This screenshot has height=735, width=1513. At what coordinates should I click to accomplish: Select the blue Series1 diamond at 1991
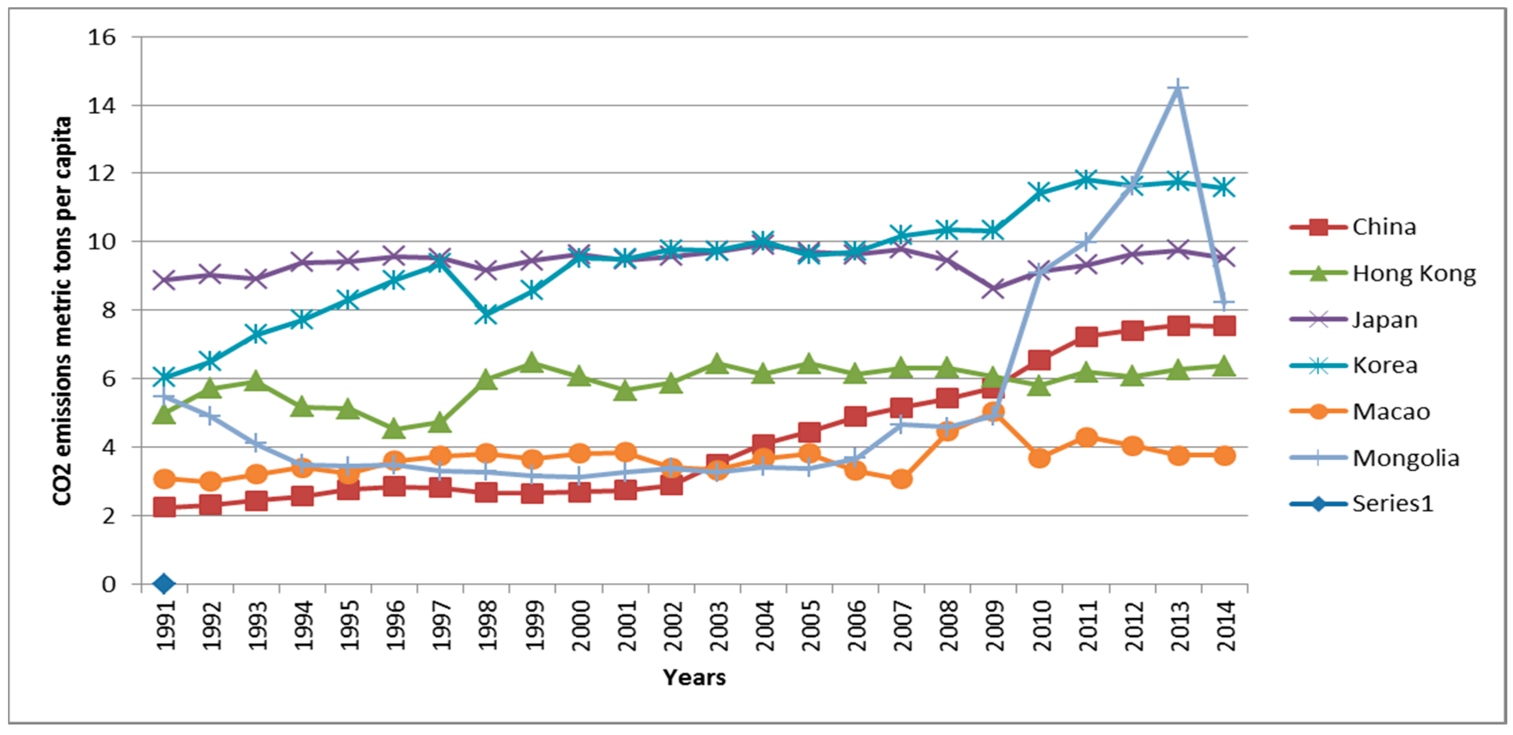pos(164,584)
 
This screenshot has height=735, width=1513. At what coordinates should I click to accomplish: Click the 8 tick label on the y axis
pos(109,310)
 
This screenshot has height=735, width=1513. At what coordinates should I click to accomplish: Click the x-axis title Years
pos(694,677)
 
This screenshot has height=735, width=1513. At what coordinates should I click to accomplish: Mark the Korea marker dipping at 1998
pos(486,314)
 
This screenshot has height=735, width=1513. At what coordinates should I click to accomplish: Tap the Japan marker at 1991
pos(164,280)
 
